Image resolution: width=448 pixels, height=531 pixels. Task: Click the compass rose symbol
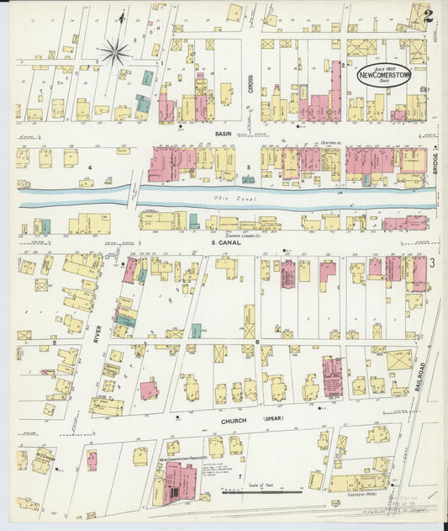[x=115, y=52]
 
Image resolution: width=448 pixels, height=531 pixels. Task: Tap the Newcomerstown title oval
[x=383, y=75]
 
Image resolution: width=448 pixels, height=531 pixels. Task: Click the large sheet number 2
[x=429, y=15]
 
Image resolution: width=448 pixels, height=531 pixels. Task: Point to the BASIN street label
[x=223, y=133]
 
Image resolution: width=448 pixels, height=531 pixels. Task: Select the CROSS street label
[x=250, y=81]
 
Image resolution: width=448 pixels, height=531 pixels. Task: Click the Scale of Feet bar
[x=262, y=491]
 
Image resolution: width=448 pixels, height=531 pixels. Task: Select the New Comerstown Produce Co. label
[x=183, y=460]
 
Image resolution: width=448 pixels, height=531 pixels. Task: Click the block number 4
[x=90, y=167]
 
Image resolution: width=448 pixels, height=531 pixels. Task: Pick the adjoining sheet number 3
[x=432, y=264]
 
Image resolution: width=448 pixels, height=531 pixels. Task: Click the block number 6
[x=257, y=341]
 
